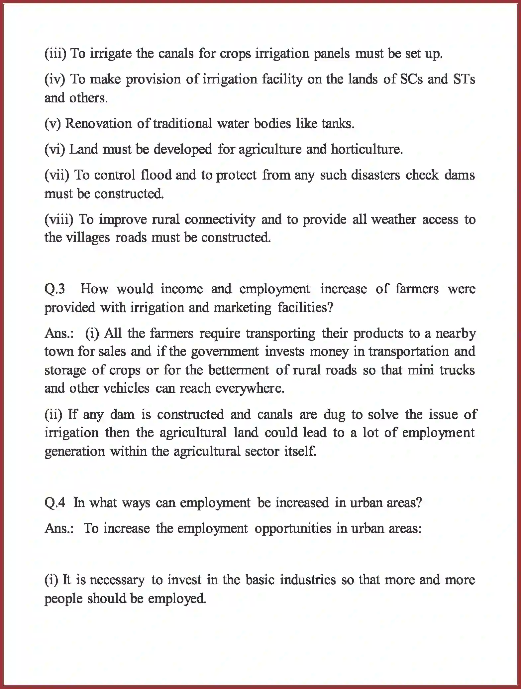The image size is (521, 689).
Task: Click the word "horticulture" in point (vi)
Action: (x=366, y=149)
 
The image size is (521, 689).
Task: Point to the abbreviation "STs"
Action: (x=464, y=79)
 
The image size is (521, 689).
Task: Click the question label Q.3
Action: (x=55, y=289)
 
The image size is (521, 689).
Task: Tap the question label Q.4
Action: (x=55, y=503)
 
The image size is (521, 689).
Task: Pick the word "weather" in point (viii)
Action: (x=394, y=219)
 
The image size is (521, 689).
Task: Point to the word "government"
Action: (x=224, y=351)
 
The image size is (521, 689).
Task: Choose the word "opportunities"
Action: (x=293, y=528)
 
